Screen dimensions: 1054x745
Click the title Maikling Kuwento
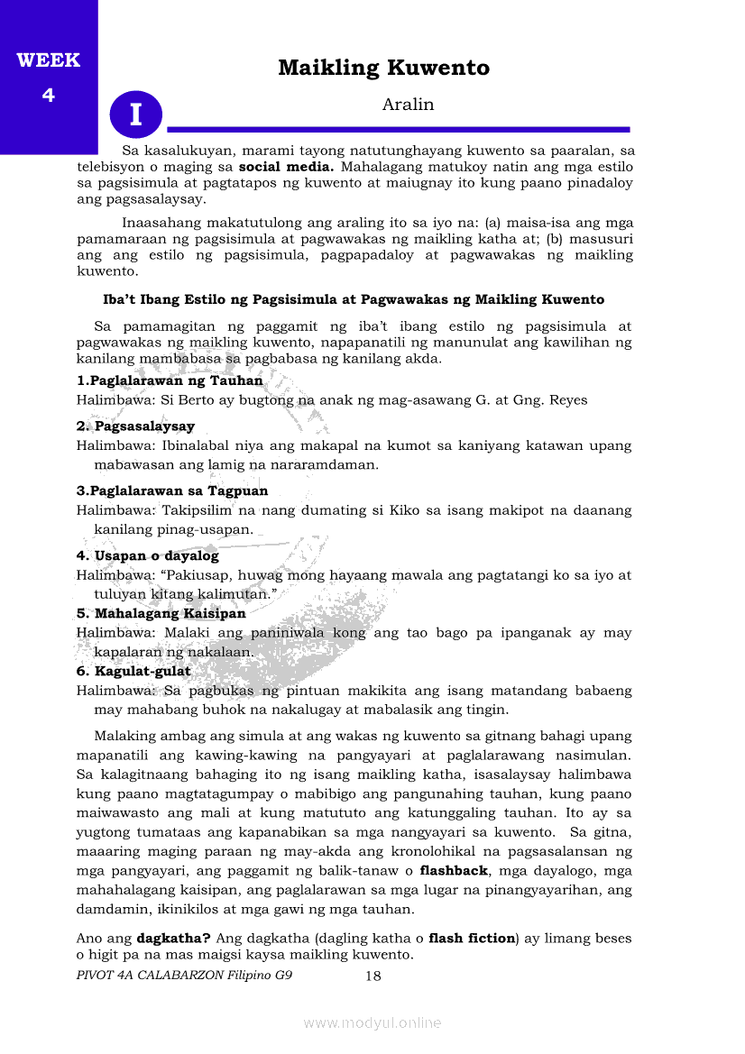(383, 68)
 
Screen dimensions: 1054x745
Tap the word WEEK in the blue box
(49, 60)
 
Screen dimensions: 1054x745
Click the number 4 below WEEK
(49, 95)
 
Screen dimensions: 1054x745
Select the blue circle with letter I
(136, 115)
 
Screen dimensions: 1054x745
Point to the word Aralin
(408, 105)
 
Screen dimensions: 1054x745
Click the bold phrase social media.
(287, 167)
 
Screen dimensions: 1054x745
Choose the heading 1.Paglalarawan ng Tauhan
(170, 380)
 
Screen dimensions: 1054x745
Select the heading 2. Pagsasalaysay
(135, 426)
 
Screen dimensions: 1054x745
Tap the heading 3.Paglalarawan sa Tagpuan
(172, 490)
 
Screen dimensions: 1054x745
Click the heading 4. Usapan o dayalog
(148, 555)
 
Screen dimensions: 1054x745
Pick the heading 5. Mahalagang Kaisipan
(161, 613)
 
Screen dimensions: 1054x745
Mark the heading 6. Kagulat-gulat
(133, 671)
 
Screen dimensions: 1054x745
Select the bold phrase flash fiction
(471, 938)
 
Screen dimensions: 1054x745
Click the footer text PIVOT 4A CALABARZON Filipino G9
(184, 976)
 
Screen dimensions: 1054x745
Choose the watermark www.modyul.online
(372, 1023)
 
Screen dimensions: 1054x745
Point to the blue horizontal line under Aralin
(398, 130)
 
